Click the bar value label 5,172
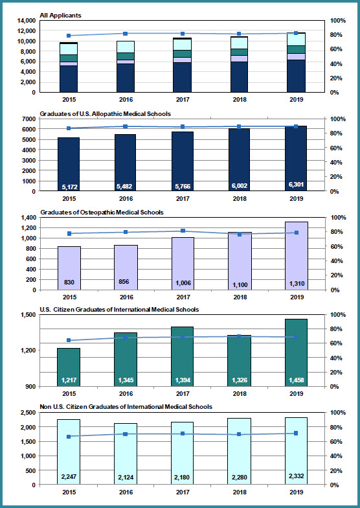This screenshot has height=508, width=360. tap(69, 187)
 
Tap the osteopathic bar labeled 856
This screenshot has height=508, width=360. tap(126, 267)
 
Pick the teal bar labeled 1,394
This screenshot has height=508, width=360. tap(183, 356)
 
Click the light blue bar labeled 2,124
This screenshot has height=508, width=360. tap(126, 454)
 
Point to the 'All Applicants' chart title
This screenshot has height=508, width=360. tap(60, 16)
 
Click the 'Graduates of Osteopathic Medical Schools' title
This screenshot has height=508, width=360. tap(102, 213)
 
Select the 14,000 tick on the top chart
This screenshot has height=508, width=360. tap(27, 21)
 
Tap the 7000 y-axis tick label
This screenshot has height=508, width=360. tap(30, 119)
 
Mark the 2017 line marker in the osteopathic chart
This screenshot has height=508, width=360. tap(183, 231)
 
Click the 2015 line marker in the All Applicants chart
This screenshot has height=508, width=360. tap(69, 36)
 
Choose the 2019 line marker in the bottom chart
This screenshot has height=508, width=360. tap(296, 433)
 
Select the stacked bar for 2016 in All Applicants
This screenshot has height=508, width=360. tap(126, 66)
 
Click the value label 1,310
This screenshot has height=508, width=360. tap(297, 284)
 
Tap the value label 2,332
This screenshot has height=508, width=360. tap(297, 476)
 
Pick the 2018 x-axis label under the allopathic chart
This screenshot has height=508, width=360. tap(240, 198)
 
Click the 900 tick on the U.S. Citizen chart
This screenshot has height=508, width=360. tap(31, 386)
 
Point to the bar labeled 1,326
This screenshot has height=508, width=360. tap(240, 360)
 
